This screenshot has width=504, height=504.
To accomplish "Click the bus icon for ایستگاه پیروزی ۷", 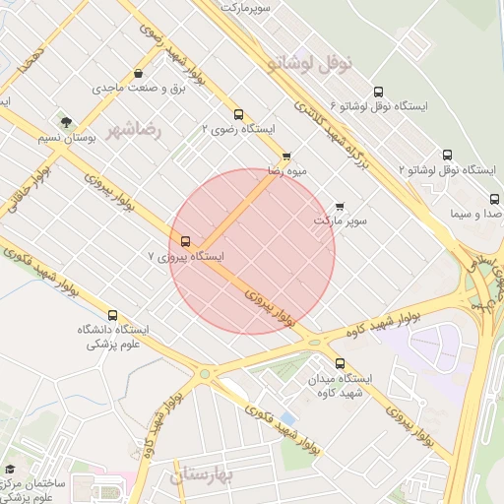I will coord(185,240).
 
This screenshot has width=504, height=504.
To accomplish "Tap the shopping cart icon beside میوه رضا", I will coord(286,157).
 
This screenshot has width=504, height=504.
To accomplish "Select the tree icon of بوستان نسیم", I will coord(66,122).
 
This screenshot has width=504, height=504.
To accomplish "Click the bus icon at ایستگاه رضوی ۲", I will coord(238,113).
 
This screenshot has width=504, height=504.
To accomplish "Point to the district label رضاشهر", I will coord(133,129).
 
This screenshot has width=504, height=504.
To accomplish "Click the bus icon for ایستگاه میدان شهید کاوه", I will coord(340,363).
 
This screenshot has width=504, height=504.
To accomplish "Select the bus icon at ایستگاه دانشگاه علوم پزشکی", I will coord(112,315).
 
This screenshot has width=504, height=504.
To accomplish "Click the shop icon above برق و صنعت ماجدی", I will coord(137,73).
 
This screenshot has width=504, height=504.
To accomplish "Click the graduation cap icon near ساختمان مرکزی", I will coord(10,470).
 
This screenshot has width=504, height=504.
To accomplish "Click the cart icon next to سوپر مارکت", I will coord(340,206).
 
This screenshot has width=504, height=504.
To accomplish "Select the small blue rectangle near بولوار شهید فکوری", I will coord(287,418).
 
